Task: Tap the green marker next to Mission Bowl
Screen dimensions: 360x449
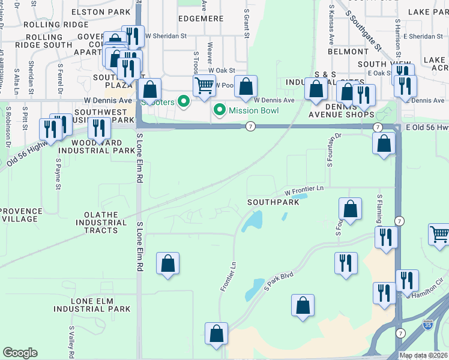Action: [220, 110]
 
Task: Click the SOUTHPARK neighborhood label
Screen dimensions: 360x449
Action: [274, 203]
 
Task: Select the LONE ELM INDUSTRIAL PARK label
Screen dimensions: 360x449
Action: [92, 305]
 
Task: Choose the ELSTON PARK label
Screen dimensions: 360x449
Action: [100, 11]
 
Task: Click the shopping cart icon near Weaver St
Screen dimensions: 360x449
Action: [205, 86]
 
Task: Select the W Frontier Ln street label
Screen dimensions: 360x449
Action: [304, 190]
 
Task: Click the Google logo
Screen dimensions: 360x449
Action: [20, 353]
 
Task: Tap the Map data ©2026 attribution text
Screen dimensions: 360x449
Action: [423, 355]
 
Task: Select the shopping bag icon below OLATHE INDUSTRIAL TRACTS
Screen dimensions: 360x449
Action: [168, 263]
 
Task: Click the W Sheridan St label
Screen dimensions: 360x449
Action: [165, 36]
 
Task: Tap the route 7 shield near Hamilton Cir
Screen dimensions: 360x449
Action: [400, 332]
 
